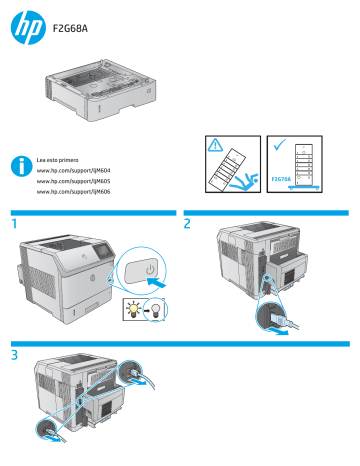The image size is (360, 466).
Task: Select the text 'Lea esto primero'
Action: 58,159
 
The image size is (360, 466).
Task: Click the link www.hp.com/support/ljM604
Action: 73,171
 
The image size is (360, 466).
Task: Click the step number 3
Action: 15,353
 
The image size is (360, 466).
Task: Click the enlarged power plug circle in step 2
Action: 276,319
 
